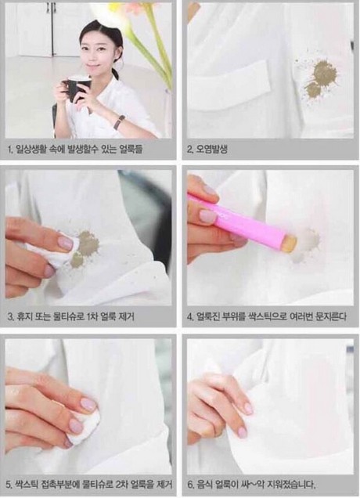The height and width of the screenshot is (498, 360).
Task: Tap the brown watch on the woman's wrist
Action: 120,122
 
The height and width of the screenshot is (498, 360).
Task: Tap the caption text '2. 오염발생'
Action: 207,150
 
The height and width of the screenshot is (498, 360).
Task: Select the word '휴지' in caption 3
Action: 24,316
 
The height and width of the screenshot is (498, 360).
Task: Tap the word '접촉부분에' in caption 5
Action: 60,485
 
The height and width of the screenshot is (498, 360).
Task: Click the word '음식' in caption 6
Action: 203,485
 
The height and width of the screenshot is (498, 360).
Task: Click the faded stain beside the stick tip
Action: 305,244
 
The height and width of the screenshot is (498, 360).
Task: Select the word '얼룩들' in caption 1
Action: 131,149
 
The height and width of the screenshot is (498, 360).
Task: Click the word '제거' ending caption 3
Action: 126,316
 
